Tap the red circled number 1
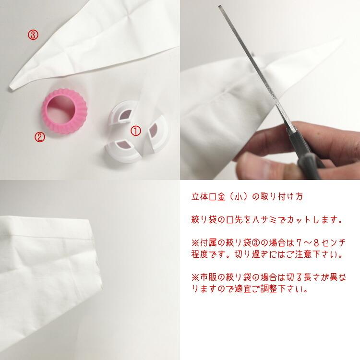pos(136,130)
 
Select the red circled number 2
pos(40,137)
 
